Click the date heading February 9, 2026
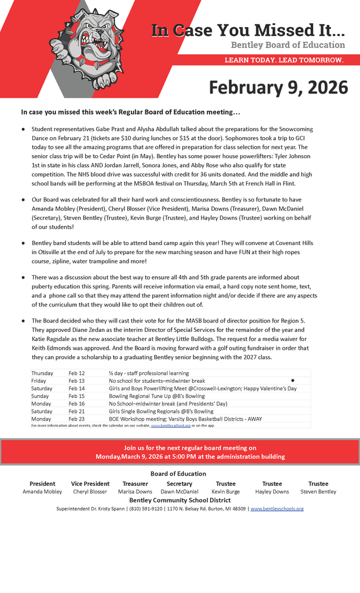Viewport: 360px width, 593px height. (x=278, y=87)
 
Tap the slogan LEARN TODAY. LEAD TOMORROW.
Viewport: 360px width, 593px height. (x=284, y=60)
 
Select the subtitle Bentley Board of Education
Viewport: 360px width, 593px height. (x=288, y=45)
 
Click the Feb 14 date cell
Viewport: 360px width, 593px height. (x=76, y=389)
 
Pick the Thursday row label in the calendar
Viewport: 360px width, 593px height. (x=42, y=374)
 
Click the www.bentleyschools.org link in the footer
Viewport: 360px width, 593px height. (x=277, y=508)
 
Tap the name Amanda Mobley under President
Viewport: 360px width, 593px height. (x=42, y=492)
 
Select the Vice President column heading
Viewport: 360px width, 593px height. (x=90, y=484)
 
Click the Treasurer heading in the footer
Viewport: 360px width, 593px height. (x=135, y=484)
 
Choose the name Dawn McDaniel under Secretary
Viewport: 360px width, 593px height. (x=179, y=492)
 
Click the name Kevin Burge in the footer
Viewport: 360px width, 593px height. (x=226, y=492)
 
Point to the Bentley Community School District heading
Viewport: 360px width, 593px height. (x=180, y=500)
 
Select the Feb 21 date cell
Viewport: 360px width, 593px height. (x=76, y=411)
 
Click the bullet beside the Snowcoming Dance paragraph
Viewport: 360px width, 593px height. (x=23, y=129)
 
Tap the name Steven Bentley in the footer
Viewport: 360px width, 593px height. (x=318, y=492)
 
